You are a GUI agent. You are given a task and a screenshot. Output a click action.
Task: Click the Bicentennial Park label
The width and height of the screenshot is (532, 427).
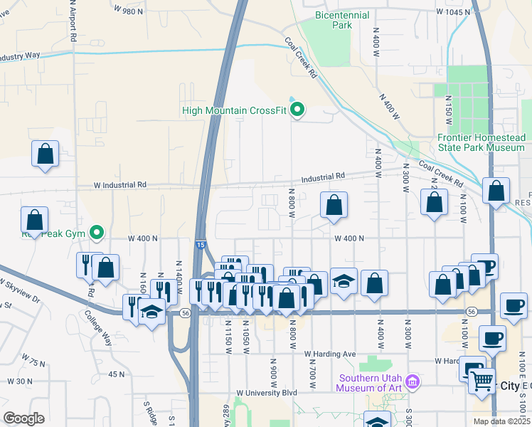(343, 19)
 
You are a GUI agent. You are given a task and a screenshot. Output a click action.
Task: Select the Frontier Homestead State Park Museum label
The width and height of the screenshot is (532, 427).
(481, 142)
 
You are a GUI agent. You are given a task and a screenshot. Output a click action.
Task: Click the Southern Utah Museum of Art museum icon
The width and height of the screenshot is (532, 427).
(411, 383)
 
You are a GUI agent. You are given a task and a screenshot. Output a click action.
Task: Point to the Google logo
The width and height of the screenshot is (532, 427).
(23, 418)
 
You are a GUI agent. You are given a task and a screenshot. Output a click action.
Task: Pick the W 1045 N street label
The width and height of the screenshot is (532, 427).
(453, 12)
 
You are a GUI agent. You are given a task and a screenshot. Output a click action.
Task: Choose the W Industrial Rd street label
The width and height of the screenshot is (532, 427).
(120, 184)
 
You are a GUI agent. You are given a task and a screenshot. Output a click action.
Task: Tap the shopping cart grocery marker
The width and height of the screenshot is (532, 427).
(482, 381)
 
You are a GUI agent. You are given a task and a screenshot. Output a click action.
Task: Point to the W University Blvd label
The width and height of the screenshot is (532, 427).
(267, 392)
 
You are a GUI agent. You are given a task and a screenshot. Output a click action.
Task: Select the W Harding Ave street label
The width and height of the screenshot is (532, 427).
(329, 354)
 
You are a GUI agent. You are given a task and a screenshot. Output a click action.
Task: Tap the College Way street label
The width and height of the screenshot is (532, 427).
(99, 327)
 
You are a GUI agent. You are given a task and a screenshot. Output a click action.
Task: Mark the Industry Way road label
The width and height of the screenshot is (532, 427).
(19, 56)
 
